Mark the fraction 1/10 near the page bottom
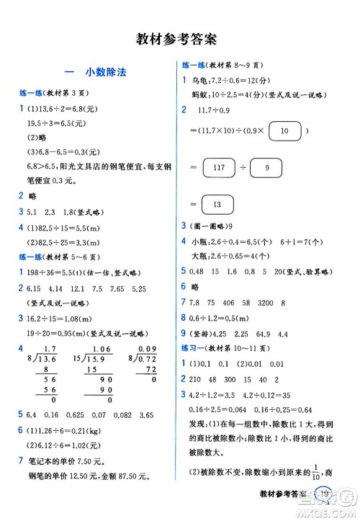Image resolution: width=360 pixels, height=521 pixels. [320, 471]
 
